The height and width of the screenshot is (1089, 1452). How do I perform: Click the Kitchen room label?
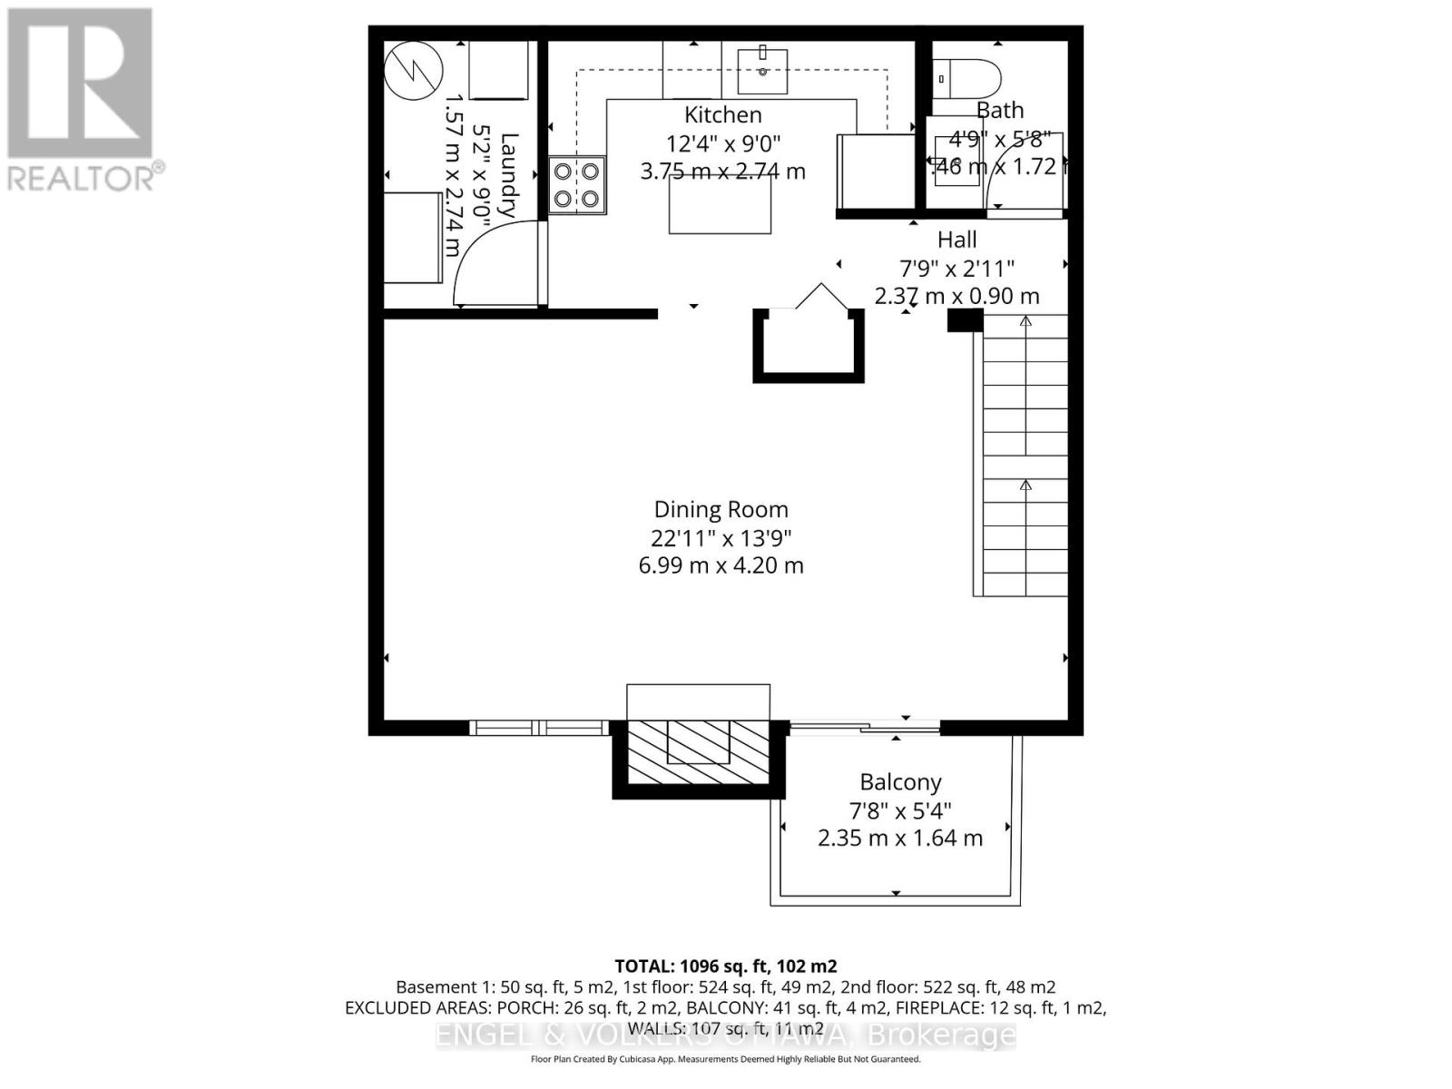click(722, 115)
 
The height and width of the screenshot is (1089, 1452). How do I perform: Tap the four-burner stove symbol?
click(577, 185)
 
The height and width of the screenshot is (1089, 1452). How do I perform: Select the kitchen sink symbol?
click(762, 72)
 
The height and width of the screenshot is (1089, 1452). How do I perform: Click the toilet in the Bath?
click(967, 80)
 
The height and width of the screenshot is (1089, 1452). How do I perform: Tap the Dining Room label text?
click(721, 509)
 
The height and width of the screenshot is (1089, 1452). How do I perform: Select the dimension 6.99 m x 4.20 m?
click(721, 565)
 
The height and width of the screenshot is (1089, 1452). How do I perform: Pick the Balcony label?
click(900, 782)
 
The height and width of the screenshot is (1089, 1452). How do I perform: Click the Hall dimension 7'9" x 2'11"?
click(957, 269)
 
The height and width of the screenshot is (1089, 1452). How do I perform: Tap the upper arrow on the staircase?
click(1025, 321)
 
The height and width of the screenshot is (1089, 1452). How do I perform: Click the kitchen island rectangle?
click(721, 205)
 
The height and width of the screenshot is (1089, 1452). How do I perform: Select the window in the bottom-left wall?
click(539, 728)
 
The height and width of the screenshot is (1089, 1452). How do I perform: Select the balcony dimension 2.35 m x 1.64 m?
click(899, 838)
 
